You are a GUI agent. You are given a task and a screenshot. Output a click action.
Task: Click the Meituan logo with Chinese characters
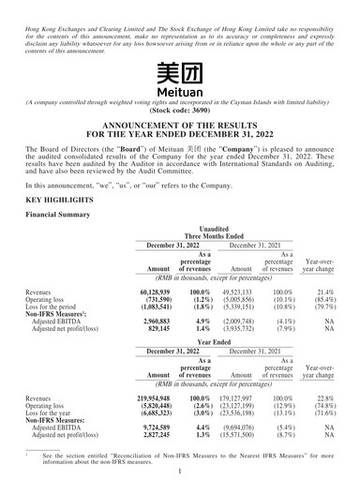click(x=180, y=71)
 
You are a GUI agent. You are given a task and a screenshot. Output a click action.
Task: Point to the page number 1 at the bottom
click(x=180, y=473)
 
